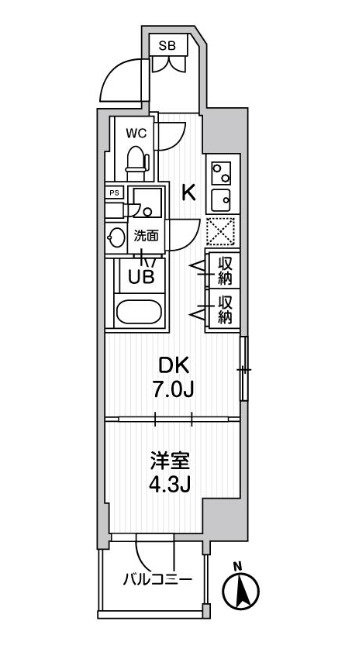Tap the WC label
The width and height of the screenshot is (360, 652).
pos(136,131)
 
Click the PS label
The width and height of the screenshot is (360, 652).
pos(114,191)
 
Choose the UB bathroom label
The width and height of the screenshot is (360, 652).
pos(139,277)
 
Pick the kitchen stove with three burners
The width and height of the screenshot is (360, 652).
pos(220,170)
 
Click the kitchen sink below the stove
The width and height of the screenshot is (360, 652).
pos(220,196)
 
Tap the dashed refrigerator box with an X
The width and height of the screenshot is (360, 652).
pos(220,232)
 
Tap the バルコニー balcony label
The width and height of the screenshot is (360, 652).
pos(157,578)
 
